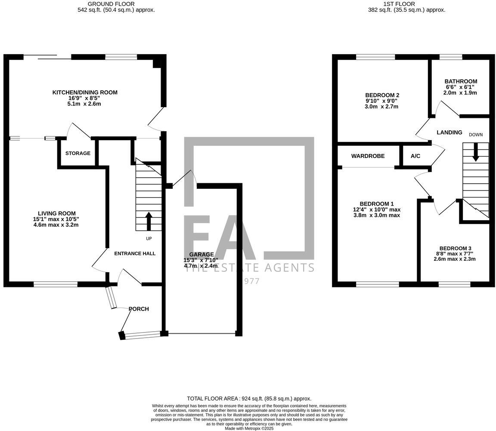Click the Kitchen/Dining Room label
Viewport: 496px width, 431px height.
[85, 92]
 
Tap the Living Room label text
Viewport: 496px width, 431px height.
[56, 213]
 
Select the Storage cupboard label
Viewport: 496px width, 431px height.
[78, 154]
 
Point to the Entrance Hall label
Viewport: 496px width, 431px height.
[135, 254]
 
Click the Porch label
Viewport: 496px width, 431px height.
[139, 309]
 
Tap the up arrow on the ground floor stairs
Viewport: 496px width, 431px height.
[149, 222]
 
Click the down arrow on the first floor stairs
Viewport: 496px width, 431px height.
[475, 153]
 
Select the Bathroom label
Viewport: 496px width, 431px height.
[461, 81]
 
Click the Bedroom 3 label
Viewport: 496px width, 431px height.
[455, 248]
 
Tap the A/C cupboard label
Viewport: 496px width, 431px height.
[415, 156]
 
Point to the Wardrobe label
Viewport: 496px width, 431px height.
[368, 156]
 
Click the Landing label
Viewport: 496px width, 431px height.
[449, 132]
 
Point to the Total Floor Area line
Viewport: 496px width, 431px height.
[249, 399]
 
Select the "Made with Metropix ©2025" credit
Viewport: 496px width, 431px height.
[249, 428]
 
